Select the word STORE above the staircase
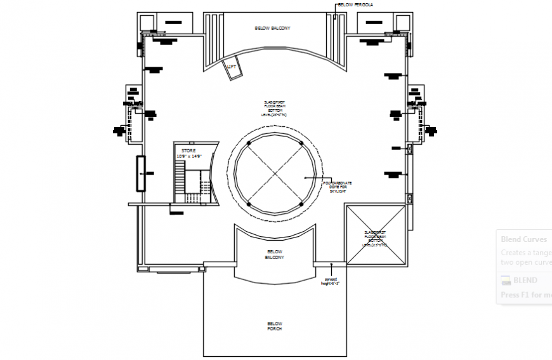point(188,150)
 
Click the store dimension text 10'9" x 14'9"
point(188,156)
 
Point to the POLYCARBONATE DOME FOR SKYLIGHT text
point(338,187)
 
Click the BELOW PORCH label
point(274,326)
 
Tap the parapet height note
point(331,281)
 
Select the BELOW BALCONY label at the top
point(272,29)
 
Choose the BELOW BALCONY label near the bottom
point(274,255)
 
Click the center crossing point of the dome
point(274,173)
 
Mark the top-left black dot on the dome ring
point(249,142)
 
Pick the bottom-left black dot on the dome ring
point(249,203)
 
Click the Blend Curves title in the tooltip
point(523,239)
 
